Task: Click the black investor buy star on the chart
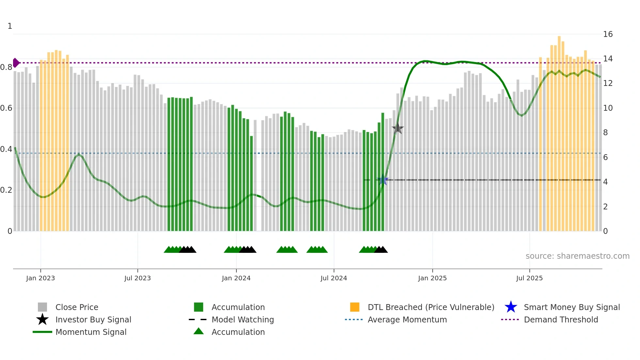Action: [397, 128]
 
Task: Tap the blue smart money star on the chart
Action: [383, 180]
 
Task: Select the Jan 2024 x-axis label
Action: [236, 278]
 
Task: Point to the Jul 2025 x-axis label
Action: [529, 278]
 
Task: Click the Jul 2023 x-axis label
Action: [137, 278]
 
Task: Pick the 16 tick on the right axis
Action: [608, 34]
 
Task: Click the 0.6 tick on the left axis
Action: [6, 108]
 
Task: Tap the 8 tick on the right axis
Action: [605, 133]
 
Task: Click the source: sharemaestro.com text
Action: [577, 256]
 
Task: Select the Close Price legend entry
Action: [77, 307]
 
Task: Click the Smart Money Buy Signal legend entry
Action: [571, 307]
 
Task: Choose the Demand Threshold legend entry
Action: [561, 319]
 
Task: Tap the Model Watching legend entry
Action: [243, 319]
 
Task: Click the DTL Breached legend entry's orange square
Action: [355, 307]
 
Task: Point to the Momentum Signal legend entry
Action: [91, 332]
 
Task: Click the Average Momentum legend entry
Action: [407, 319]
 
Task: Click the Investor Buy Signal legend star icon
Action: [42, 319]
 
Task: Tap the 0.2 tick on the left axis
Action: [6, 190]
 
